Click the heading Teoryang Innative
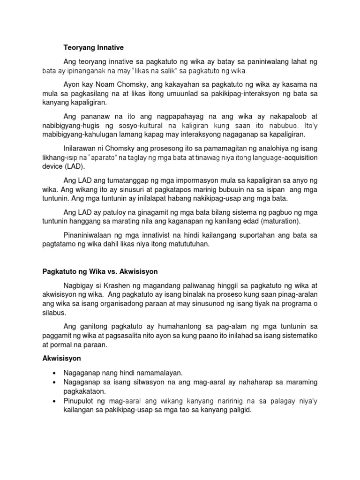[x=93, y=47]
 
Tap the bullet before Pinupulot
[x=55, y=401]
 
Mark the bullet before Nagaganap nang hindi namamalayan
[x=55, y=372]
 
